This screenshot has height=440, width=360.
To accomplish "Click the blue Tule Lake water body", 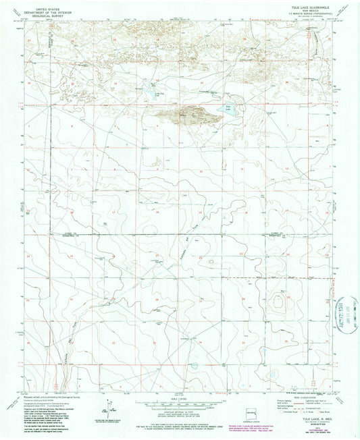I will coord(228,111).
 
